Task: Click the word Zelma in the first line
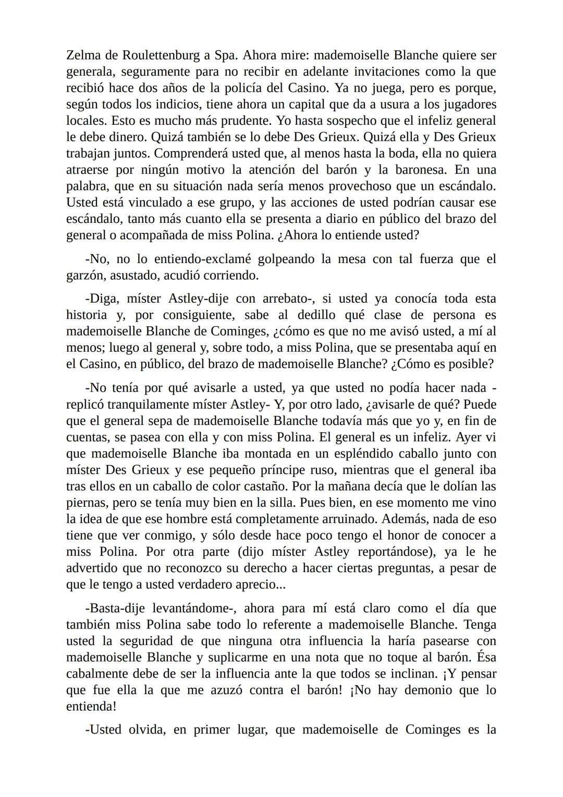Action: coord(82,55)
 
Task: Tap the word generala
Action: coord(90,72)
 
